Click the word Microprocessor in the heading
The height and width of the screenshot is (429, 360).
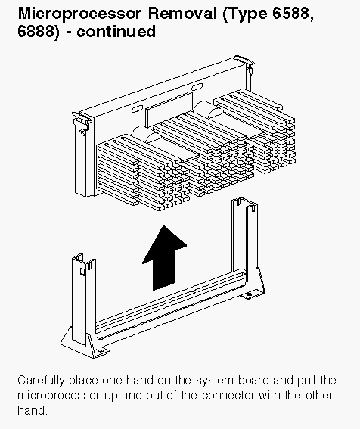(x=79, y=14)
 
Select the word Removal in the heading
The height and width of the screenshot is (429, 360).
(x=182, y=13)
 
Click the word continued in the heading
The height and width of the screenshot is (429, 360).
(x=116, y=31)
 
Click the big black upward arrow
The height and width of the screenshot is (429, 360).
(x=164, y=258)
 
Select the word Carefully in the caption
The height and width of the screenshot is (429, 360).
(x=41, y=381)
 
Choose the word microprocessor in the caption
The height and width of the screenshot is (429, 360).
(x=59, y=396)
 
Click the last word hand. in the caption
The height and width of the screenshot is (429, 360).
(x=33, y=410)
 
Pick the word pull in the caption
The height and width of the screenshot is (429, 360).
(x=306, y=381)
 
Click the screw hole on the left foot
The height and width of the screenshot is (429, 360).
(x=101, y=351)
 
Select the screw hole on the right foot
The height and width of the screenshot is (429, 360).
(x=250, y=294)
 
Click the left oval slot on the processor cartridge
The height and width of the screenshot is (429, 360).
(x=137, y=109)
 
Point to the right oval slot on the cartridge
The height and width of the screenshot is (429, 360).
(x=197, y=87)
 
